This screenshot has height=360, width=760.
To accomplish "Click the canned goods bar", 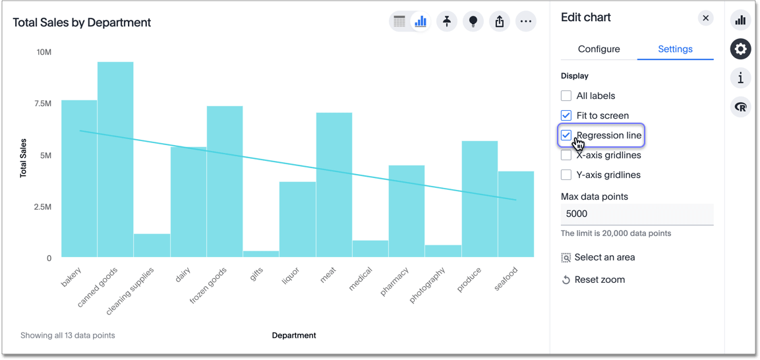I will point(115,158).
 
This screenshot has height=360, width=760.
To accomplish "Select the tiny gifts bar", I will point(261,254).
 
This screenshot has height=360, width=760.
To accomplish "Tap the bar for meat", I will point(334,185).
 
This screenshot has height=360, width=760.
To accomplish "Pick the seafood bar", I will point(516,214).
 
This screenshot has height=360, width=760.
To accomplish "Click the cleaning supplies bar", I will point(152,245).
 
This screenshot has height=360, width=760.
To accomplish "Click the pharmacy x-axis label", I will point(395,281).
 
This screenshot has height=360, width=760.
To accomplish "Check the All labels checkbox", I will point(566,96).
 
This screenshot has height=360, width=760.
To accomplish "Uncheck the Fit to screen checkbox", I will point(566,115).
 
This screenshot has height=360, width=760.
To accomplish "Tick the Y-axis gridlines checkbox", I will point(566,175).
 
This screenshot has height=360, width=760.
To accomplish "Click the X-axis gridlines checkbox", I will point(566,155).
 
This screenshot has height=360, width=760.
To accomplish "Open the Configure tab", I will point(599,49).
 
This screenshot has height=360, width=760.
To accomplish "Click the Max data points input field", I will point(637,214).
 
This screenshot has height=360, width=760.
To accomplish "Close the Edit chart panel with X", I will point(705,18).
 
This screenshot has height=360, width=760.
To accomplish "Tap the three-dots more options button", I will point(525,22).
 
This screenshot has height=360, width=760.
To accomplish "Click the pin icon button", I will point(447,22).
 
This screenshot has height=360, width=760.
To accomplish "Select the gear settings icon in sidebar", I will point(740,49).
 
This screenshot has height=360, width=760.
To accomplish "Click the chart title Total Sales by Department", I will point(82,22).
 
